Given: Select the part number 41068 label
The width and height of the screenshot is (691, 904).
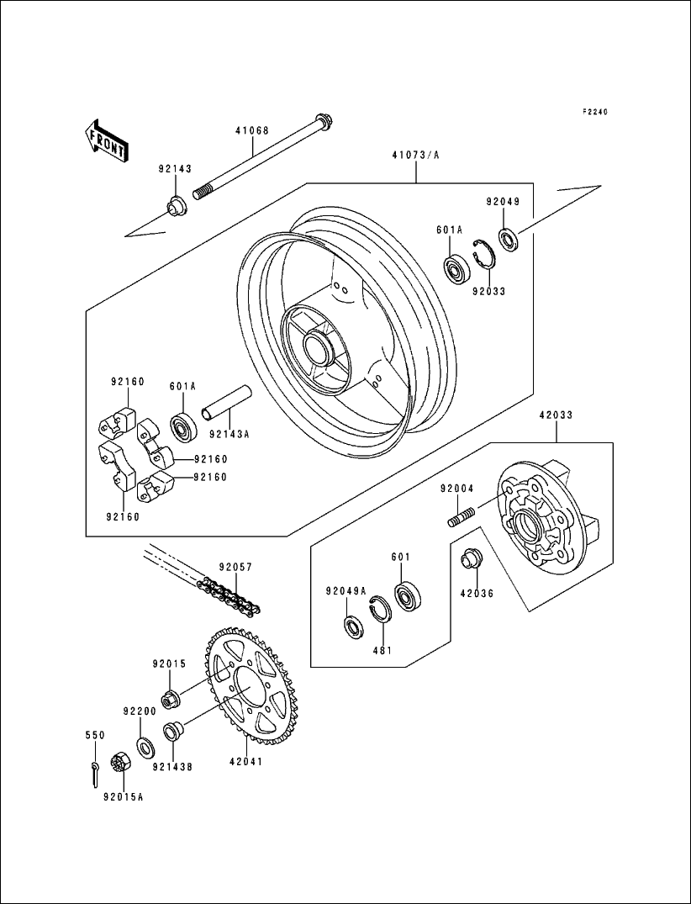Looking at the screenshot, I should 251,131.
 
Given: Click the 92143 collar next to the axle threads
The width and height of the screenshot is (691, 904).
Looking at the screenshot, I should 177,206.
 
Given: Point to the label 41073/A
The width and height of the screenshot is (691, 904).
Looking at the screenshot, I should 417,156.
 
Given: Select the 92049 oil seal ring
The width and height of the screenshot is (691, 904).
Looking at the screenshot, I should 508,239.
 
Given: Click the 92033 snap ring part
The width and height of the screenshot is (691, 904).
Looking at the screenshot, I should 483,253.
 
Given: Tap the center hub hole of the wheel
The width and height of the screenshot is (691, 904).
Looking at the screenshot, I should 320,346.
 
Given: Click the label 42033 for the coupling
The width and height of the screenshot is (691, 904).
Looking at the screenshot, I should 556,415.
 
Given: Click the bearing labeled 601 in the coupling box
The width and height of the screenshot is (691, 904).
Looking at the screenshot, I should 408,595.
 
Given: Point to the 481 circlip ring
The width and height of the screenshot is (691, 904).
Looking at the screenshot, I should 380,609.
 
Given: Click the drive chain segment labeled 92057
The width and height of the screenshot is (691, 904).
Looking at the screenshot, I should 230,595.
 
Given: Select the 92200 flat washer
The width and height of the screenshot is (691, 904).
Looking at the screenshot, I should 145,745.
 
